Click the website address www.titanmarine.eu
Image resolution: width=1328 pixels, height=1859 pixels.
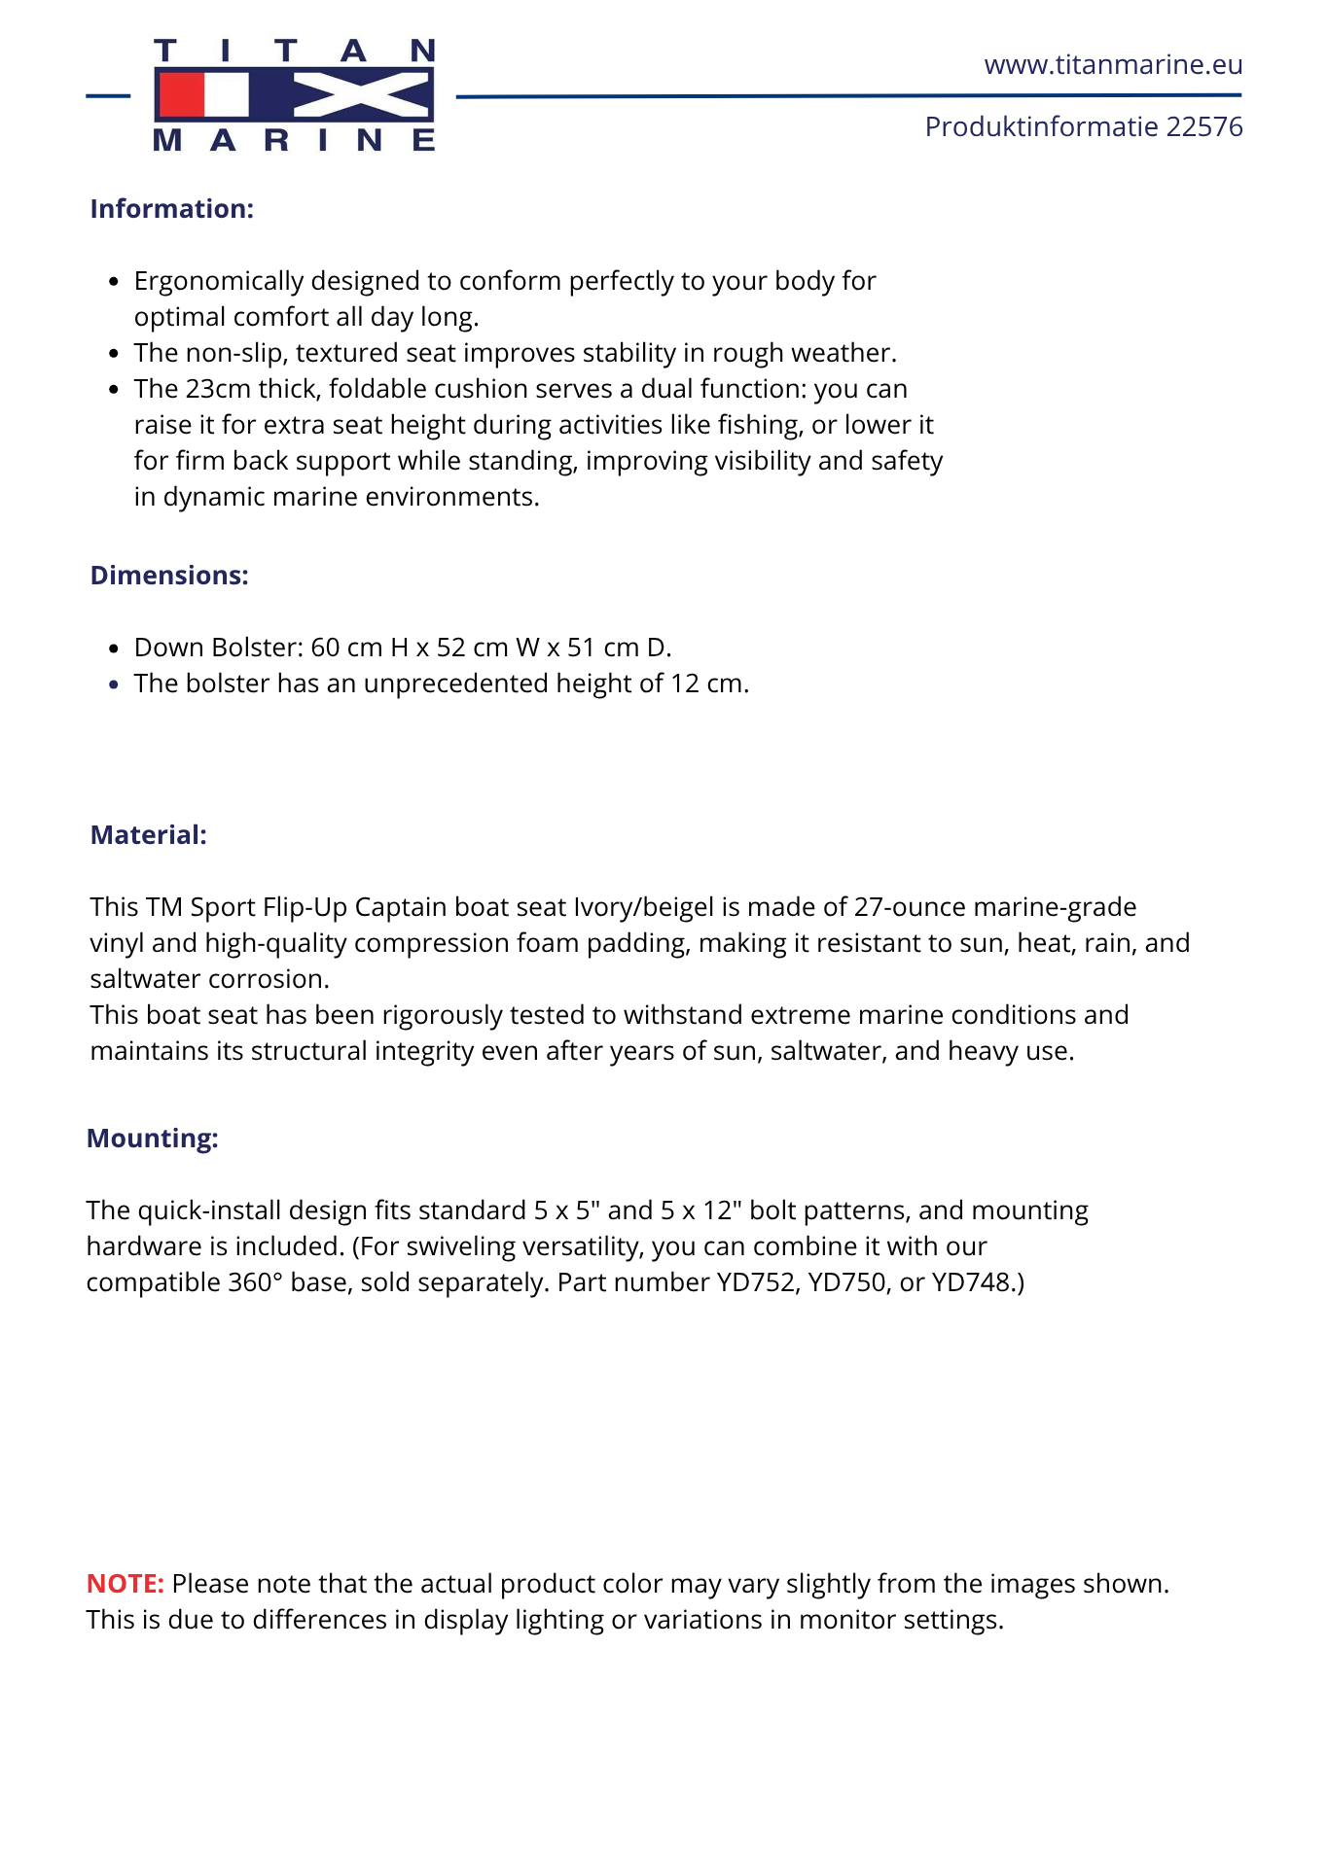1113,65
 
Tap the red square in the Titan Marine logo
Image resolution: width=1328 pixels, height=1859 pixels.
181,96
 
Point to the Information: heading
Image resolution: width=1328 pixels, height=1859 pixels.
172,209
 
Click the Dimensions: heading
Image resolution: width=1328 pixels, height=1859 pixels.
169,576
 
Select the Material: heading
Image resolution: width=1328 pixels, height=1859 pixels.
149,835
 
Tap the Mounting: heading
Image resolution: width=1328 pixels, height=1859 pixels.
153,1139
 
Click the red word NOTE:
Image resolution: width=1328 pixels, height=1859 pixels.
126,1584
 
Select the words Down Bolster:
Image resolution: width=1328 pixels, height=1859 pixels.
219,648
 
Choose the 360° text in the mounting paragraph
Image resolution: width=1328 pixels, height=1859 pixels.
255,1282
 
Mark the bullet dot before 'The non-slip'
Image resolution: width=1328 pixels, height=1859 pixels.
114,354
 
